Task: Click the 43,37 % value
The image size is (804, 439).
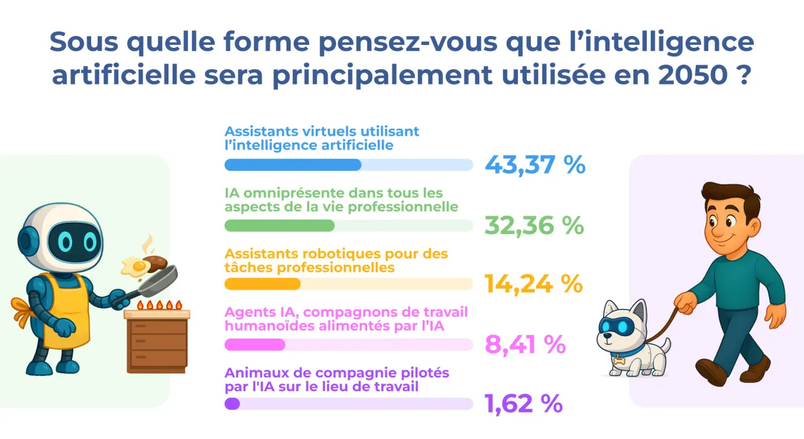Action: point(535,165)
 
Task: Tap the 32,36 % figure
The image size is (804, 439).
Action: point(534,225)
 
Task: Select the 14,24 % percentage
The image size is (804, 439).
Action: point(534,284)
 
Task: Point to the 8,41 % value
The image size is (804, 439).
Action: point(525,344)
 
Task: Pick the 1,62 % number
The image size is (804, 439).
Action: point(523,404)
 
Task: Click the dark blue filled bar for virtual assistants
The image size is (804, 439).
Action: point(293,165)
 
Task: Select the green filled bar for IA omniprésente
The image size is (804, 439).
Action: point(280,225)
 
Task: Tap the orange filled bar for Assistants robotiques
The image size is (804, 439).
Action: point(262,284)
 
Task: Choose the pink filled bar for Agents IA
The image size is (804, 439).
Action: point(255,344)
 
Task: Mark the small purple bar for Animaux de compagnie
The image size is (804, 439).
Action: point(232,404)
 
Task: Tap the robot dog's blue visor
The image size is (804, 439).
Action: point(616,326)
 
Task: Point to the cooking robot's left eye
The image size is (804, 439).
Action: point(65,241)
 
